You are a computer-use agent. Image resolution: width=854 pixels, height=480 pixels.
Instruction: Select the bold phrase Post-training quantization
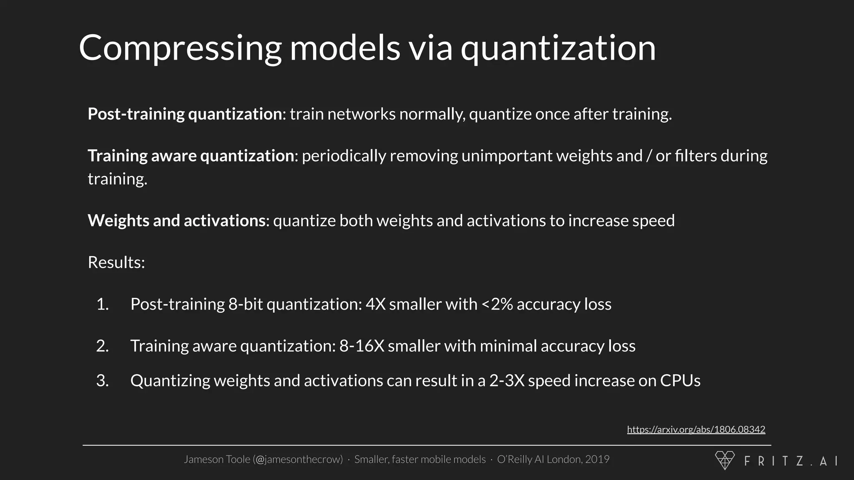[x=185, y=114]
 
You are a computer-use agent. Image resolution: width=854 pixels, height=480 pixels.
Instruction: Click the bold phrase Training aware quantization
[x=191, y=156]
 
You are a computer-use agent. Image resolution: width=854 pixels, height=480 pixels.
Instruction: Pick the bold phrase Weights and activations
[x=176, y=221]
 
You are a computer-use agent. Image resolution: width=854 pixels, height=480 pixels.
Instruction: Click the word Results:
[x=116, y=262]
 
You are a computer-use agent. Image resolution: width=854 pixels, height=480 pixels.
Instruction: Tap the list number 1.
[x=102, y=304]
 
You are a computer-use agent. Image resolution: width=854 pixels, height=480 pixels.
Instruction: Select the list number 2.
[x=102, y=346]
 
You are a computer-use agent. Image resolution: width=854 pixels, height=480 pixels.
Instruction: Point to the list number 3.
[x=102, y=380]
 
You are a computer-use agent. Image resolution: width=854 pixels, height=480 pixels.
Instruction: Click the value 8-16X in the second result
[x=362, y=346]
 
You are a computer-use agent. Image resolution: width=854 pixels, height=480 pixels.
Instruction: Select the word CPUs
[x=680, y=380]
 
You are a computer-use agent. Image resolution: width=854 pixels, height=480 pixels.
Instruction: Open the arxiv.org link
[x=696, y=430]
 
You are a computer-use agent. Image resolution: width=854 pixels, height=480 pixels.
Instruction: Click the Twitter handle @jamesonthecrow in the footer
[x=298, y=459]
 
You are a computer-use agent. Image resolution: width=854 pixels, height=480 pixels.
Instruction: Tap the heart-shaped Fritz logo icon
[x=725, y=460]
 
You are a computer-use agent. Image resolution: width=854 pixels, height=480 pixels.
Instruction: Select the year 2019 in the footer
[x=597, y=459]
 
